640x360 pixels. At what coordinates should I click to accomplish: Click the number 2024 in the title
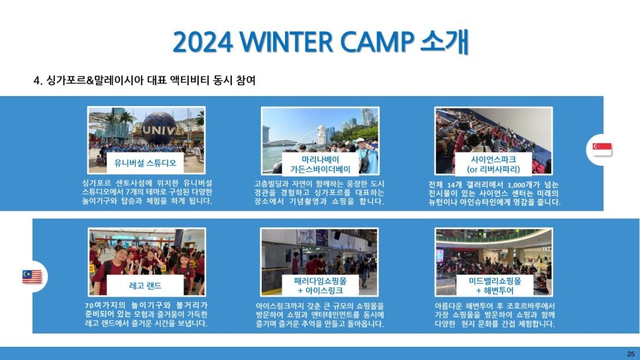203,42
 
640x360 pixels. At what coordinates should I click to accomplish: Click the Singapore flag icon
602,149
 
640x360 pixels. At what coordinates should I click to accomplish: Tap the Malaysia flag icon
32,276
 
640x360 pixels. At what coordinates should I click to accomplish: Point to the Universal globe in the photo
159,128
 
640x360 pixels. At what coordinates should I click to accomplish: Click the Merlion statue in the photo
321,134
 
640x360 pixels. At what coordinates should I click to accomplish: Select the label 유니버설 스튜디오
145,163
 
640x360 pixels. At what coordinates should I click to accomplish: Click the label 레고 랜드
145,285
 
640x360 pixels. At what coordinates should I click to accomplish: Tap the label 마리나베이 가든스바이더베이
321,164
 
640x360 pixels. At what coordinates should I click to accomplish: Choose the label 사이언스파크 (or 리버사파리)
494,164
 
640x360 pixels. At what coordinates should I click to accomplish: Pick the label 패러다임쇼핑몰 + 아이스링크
321,286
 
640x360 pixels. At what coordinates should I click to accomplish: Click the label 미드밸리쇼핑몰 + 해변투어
495,286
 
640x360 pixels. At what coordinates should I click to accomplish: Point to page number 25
631,354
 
